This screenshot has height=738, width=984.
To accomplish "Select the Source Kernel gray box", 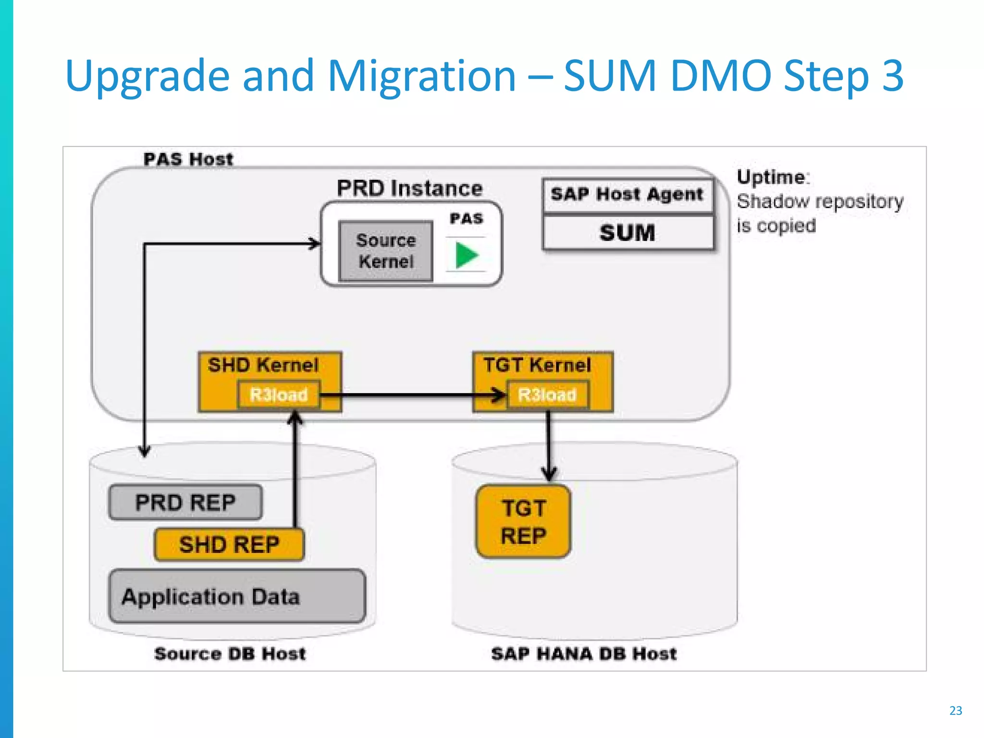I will pyautogui.click(x=386, y=251).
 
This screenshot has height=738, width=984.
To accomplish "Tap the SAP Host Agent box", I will pyautogui.click(x=627, y=195).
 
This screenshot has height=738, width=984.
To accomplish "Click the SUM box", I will pyautogui.click(x=627, y=233).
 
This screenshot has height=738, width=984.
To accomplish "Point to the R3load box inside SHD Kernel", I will pyautogui.click(x=278, y=395).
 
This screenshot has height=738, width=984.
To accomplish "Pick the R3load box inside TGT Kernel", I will pyautogui.click(x=547, y=395).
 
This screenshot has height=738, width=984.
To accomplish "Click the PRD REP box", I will pyautogui.click(x=185, y=503).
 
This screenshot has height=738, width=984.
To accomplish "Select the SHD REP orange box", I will pyautogui.click(x=229, y=545).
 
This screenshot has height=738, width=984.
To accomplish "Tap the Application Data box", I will pyautogui.click(x=237, y=597).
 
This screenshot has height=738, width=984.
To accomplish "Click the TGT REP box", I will pyautogui.click(x=523, y=522).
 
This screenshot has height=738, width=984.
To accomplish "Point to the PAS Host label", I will pyautogui.click(x=188, y=159).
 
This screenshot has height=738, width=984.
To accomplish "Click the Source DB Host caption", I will pyautogui.click(x=230, y=654).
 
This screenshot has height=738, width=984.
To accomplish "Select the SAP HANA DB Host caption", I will pyautogui.click(x=583, y=654).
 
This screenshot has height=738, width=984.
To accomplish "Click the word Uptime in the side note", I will pyautogui.click(x=771, y=177).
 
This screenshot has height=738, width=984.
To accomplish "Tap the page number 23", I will pyautogui.click(x=956, y=711).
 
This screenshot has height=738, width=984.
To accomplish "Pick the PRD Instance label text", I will pyautogui.click(x=409, y=188).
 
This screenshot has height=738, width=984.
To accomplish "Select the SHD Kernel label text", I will pyautogui.click(x=263, y=365).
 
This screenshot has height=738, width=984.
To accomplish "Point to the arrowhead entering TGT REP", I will pyautogui.click(x=549, y=474).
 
